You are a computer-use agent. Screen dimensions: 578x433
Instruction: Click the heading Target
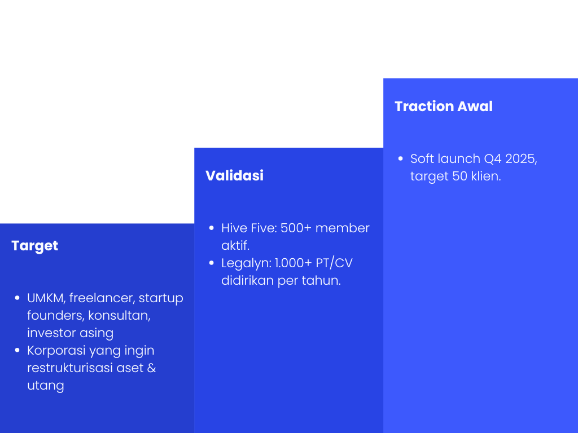pyautogui.click(x=34, y=246)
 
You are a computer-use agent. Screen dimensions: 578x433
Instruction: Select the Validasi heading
pyautogui.click(x=234, y=176)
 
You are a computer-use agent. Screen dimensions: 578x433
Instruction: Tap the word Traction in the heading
pyautogui.click(x=424, y=107)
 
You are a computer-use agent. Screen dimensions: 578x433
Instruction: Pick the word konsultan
pyautogui.click(x=119, y=316)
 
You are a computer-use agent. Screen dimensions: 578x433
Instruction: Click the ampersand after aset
pyautogui.click(x=151, y=368)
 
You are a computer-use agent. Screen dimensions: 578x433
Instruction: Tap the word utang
pyautogui.click(x=46, y=386)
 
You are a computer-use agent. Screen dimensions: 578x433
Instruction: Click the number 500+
pyautogui.click(x=296, y=228)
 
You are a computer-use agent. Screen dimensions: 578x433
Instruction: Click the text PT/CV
pyautogui.click(x=334, y=263)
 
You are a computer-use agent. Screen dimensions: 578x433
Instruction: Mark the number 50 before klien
pyautogui.click(x=459, y=176)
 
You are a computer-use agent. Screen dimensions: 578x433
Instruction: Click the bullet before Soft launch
pyautogui.click(x=401, y=158)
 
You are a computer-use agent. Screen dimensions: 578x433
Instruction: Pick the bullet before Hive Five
pyautogui.click(x=212, y=228)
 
